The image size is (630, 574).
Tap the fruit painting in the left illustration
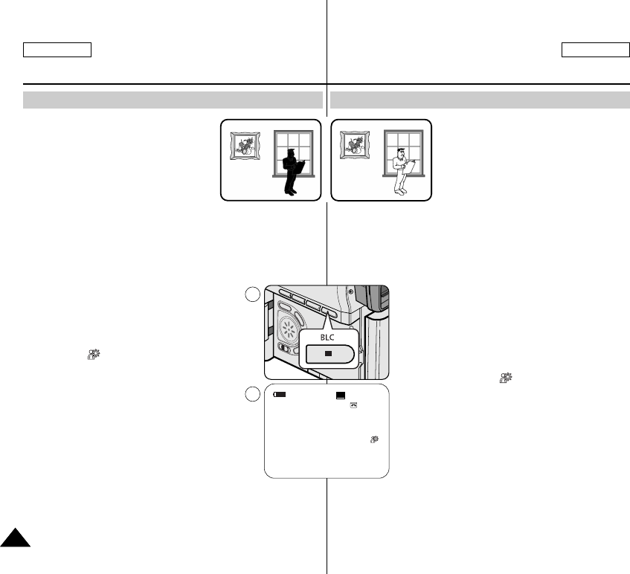pyautogui.click(x=244, y=145)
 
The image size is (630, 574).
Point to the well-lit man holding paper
pyautogui.click(x=402, y=170)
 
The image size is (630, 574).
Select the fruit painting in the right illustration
pyautogui.click(x=354, y=145)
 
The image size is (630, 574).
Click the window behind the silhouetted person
pyautogui.click(x=293, y=153)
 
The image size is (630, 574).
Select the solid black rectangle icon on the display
pyautogui.click(x=341, y=396)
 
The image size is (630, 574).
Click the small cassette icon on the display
pyautogui.click(x=354, y=405)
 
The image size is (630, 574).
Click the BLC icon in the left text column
pyautogui.click(x=94, y=356)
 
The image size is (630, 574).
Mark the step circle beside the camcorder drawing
pyautogui.click(x=252, y=294)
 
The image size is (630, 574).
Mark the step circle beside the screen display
pyautogui.click(x=252, y=393)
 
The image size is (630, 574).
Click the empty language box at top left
pyautogui.click(x=57, y=50)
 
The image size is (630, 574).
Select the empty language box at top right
pyautogui.click(x=595, y=50)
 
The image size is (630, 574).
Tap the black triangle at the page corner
pyautogui.click(x=13, y=538)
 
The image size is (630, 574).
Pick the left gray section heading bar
pyautogui.click(x=173, y=100)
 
